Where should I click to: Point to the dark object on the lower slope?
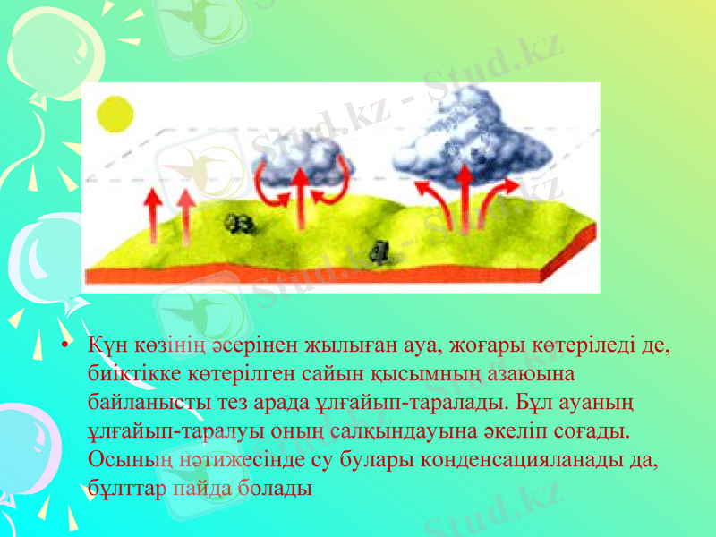380,254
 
